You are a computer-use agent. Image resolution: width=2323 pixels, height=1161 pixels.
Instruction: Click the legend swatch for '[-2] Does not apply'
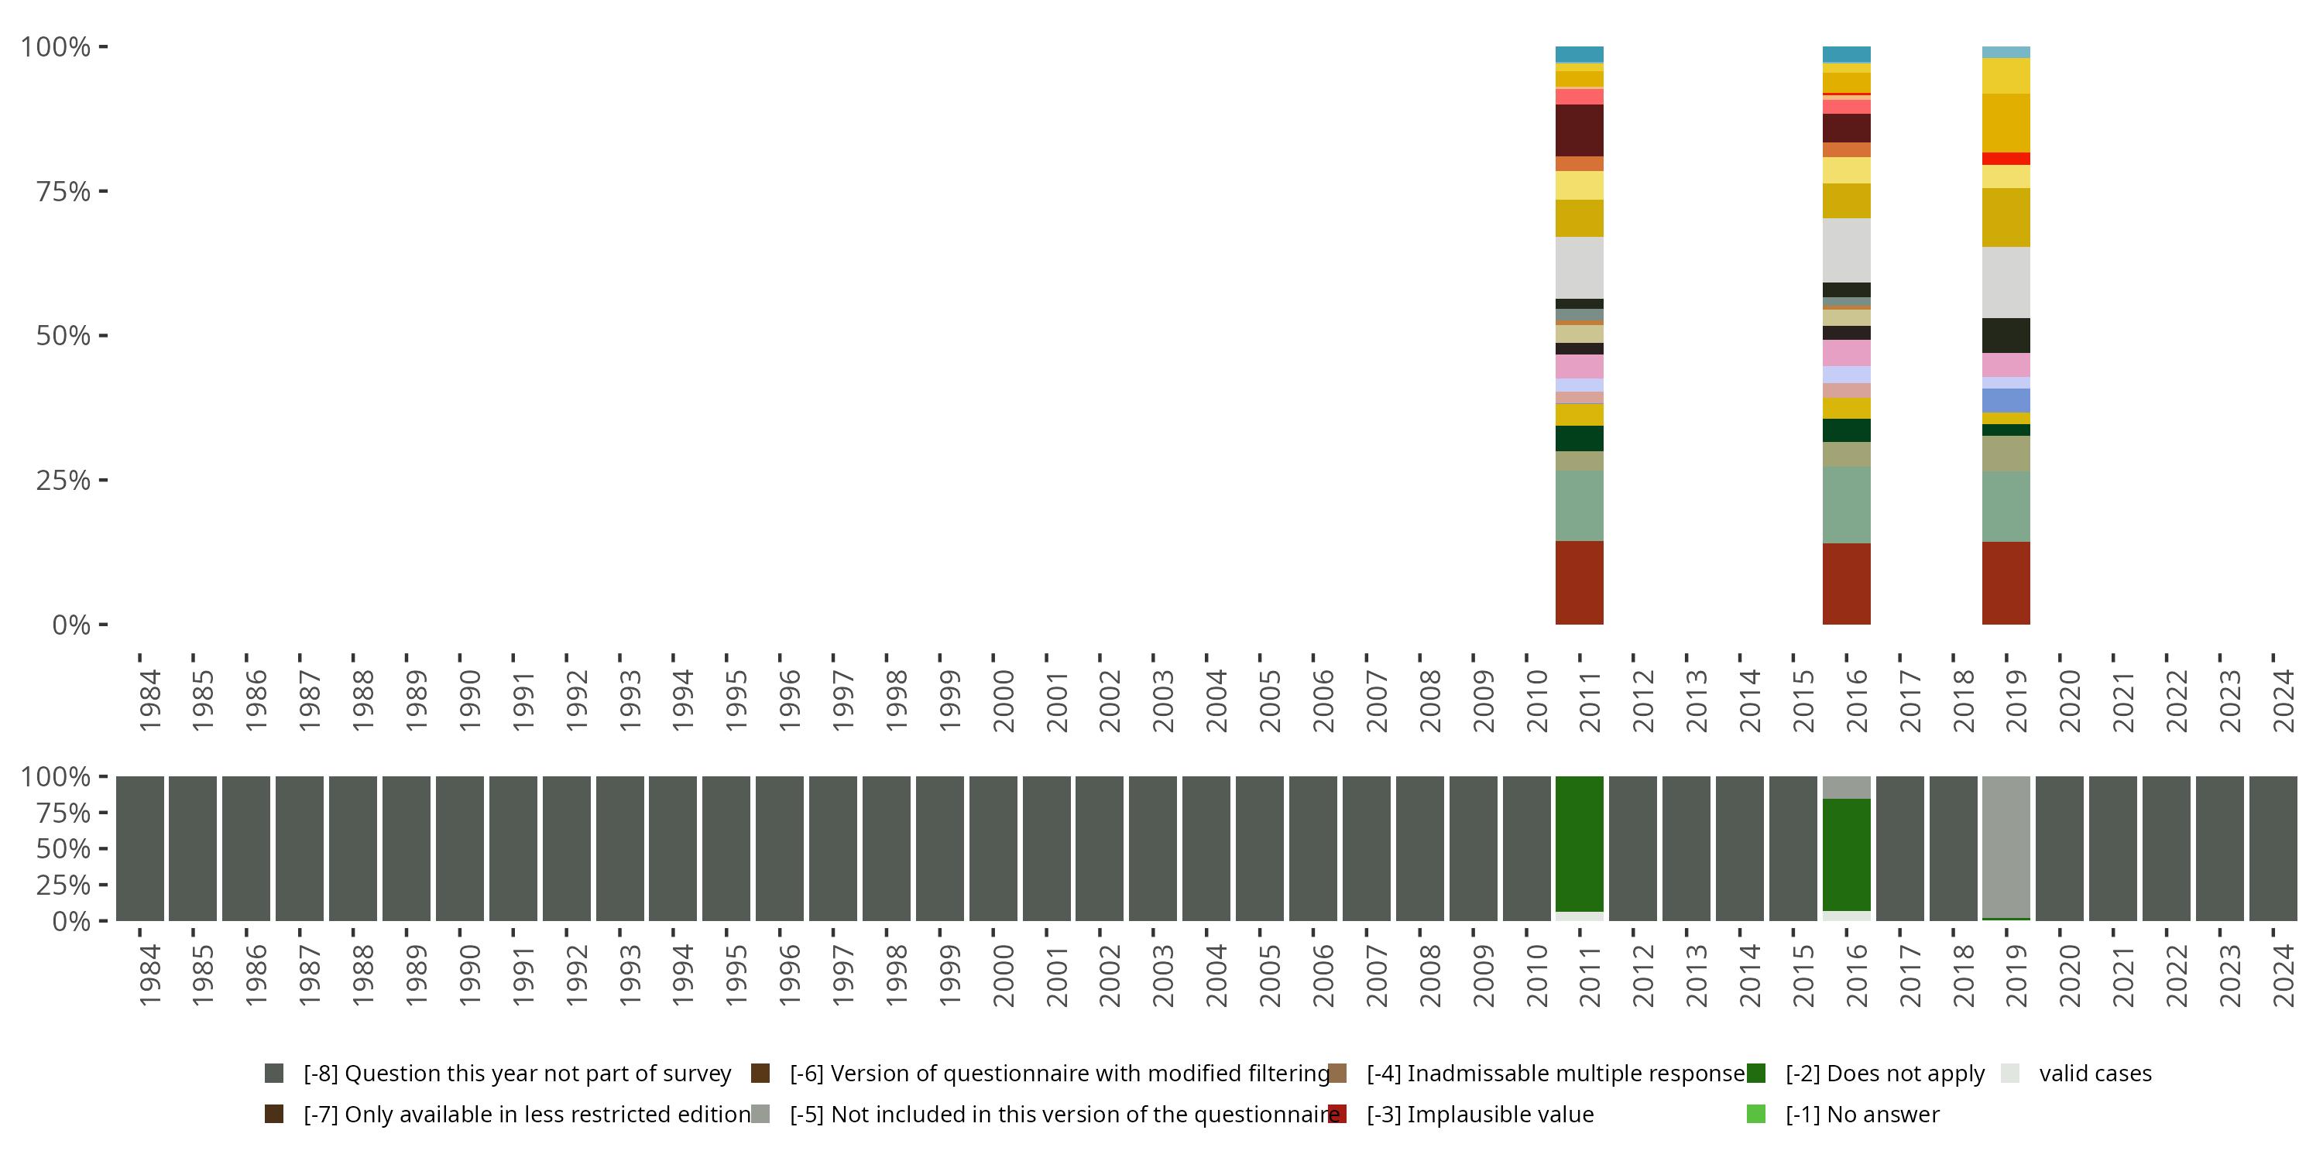[1755, 1073]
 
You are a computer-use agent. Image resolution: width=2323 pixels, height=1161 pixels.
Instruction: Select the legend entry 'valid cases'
[2095, 1073]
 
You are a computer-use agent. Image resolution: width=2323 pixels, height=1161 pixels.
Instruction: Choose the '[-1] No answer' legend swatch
[1755, 1114]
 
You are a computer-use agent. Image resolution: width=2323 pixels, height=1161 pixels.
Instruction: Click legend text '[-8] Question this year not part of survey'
[516, 1073]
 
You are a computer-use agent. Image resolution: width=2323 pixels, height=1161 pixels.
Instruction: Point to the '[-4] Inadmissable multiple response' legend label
[1556, 1073]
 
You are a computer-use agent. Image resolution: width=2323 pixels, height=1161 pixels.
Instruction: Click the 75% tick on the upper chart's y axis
[63, 191]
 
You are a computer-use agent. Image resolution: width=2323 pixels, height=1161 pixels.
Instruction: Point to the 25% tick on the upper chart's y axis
[63, 481]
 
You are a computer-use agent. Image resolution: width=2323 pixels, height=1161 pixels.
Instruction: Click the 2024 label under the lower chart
[2284, 975]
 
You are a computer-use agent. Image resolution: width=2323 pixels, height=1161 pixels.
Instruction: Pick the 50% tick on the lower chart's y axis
[63, 849]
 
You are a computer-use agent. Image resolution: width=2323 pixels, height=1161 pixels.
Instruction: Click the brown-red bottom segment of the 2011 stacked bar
[1579, 582]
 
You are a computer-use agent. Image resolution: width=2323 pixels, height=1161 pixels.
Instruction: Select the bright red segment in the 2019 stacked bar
[2006, 159]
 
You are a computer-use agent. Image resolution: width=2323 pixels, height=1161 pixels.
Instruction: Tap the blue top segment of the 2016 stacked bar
[1846, 54]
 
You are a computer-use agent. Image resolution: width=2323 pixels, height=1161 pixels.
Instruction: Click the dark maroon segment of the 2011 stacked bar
[1579, 131]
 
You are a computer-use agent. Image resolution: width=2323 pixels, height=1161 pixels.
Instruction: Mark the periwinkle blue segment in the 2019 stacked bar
[2006, 400]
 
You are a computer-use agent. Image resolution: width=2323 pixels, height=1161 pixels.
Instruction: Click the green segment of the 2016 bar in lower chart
[1846, 854]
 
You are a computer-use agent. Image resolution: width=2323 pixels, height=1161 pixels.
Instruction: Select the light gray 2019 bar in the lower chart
[2006, 845]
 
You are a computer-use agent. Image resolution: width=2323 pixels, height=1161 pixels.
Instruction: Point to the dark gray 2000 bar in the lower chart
[993, 848]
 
